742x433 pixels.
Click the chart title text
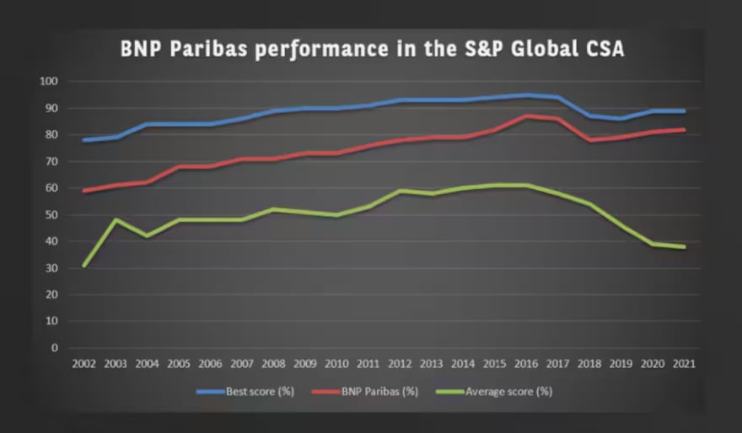[x=372, y=50]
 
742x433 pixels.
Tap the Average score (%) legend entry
[x=498, y=391]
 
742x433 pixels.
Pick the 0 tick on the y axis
[x=54, y=348]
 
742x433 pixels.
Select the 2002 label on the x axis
[x=83, y=363]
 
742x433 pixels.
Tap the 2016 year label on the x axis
[x=526, y=363]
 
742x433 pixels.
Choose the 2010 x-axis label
[x=336, y=363]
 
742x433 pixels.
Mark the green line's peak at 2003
[x=115, y=220]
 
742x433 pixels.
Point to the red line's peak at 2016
[x=526, y=116]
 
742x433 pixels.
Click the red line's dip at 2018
[x=589, y=140]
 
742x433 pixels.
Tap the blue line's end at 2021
[x=684, y=111]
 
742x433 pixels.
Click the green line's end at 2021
[x=684, y=246]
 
